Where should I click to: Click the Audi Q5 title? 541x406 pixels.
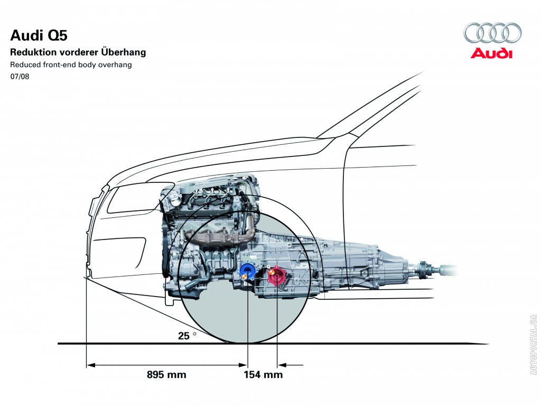pos(39,36)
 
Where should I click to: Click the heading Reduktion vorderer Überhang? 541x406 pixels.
pos(78,52)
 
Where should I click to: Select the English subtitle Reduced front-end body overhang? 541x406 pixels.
pos(71,65)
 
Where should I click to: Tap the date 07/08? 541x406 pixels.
pos(20,77)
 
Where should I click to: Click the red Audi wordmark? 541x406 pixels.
pos(491,53)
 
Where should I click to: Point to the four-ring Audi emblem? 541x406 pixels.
pos(492,33)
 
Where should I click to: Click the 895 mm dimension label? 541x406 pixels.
pos(166,375)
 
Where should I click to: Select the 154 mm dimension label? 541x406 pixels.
pos(263,375)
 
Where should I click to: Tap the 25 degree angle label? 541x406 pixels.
pos(185,335)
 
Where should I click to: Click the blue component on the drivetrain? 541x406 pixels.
pos(247,271)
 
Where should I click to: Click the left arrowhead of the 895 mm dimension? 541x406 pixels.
pos(90,365)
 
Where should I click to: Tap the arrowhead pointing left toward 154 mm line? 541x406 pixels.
pos(282,365)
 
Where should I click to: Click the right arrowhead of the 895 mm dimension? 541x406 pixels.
pos(244,365)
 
